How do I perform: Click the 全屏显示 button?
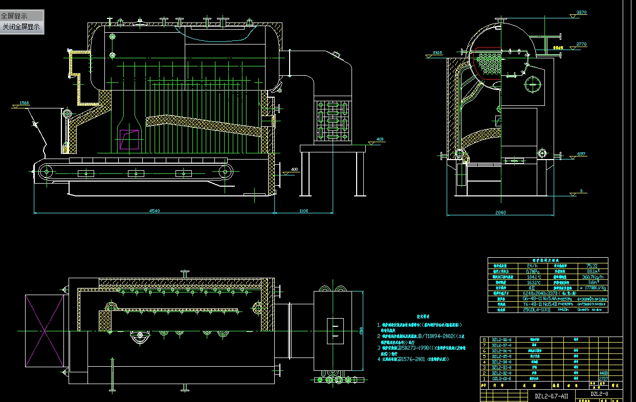[x=15, y=16]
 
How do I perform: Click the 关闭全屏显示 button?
[x=21, y=27]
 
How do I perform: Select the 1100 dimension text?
[x=304, y=210]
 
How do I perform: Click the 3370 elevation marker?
[x=581, y=12]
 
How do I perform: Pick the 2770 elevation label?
[x=581, y=44]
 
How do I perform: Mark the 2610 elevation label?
[x=437, y=53]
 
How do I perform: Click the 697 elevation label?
[x=581, y=154]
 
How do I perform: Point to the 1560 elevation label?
[x=24, y=103]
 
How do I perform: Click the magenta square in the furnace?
[x=128, y=140]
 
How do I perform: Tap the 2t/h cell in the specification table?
[x=532, y=266]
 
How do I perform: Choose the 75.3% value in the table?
[x=591, y=266]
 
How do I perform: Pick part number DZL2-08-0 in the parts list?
[x=501, y=339]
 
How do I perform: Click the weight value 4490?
[x=603, y=373]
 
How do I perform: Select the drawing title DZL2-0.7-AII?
[x=551, y=396]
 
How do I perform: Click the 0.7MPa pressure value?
[x=532, y=271]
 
